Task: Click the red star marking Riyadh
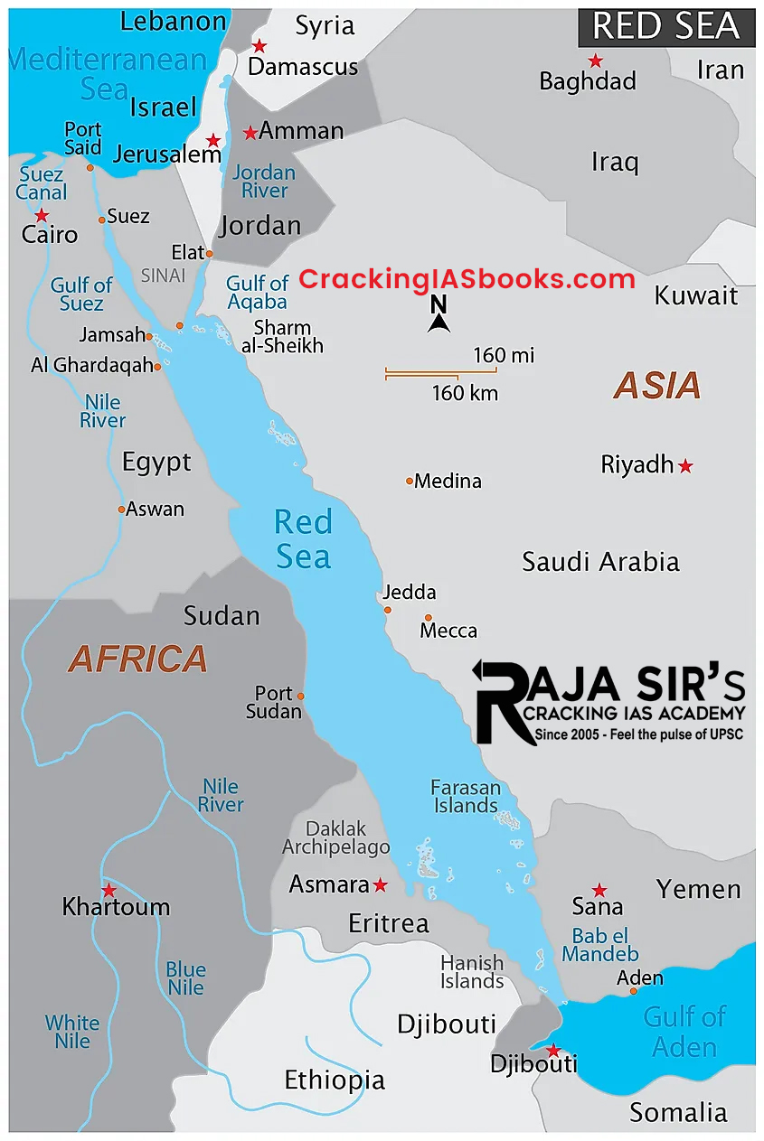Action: click(x=685, y=466)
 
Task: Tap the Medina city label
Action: click(x=448, y=481)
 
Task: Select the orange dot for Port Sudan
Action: click(x=300, y=697)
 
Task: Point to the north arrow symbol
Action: click(x=439, y=315)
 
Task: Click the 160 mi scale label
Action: click(x=504, y=355)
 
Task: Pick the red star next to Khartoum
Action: click(x=108, y=890)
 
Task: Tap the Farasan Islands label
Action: click(x=466, y=796)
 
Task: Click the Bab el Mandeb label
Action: click(x=600, y=945)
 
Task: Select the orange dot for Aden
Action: click(x=633, y=991)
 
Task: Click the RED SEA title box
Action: click(x=666, y=27)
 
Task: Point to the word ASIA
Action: click(x=657, y=386)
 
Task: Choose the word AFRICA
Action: click(x=138, y=659)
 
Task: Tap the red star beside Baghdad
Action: click(x=595, y=61)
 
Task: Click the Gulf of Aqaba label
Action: click(x=257, y=294)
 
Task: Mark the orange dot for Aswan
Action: click(x=121, y=510)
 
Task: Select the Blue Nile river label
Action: click(x=185, y=979)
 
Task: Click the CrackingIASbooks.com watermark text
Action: click(x=467, y=279)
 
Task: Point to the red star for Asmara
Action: click(x=380, y=884)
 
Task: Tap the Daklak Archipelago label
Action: click(x=336, y=838)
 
